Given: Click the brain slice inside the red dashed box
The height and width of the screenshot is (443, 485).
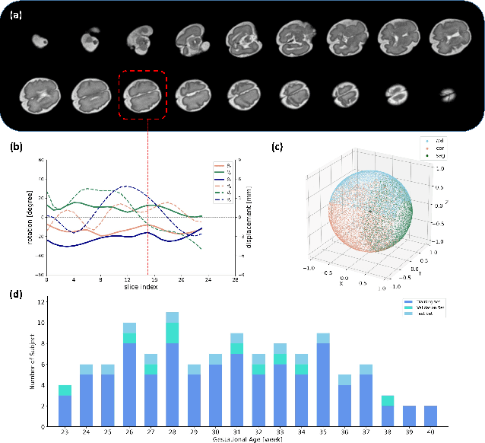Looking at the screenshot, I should click(143, 96).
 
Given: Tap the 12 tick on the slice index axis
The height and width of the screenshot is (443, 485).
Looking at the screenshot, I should click(124, 279).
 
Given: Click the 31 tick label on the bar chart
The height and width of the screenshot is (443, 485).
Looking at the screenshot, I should click(236, 432).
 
